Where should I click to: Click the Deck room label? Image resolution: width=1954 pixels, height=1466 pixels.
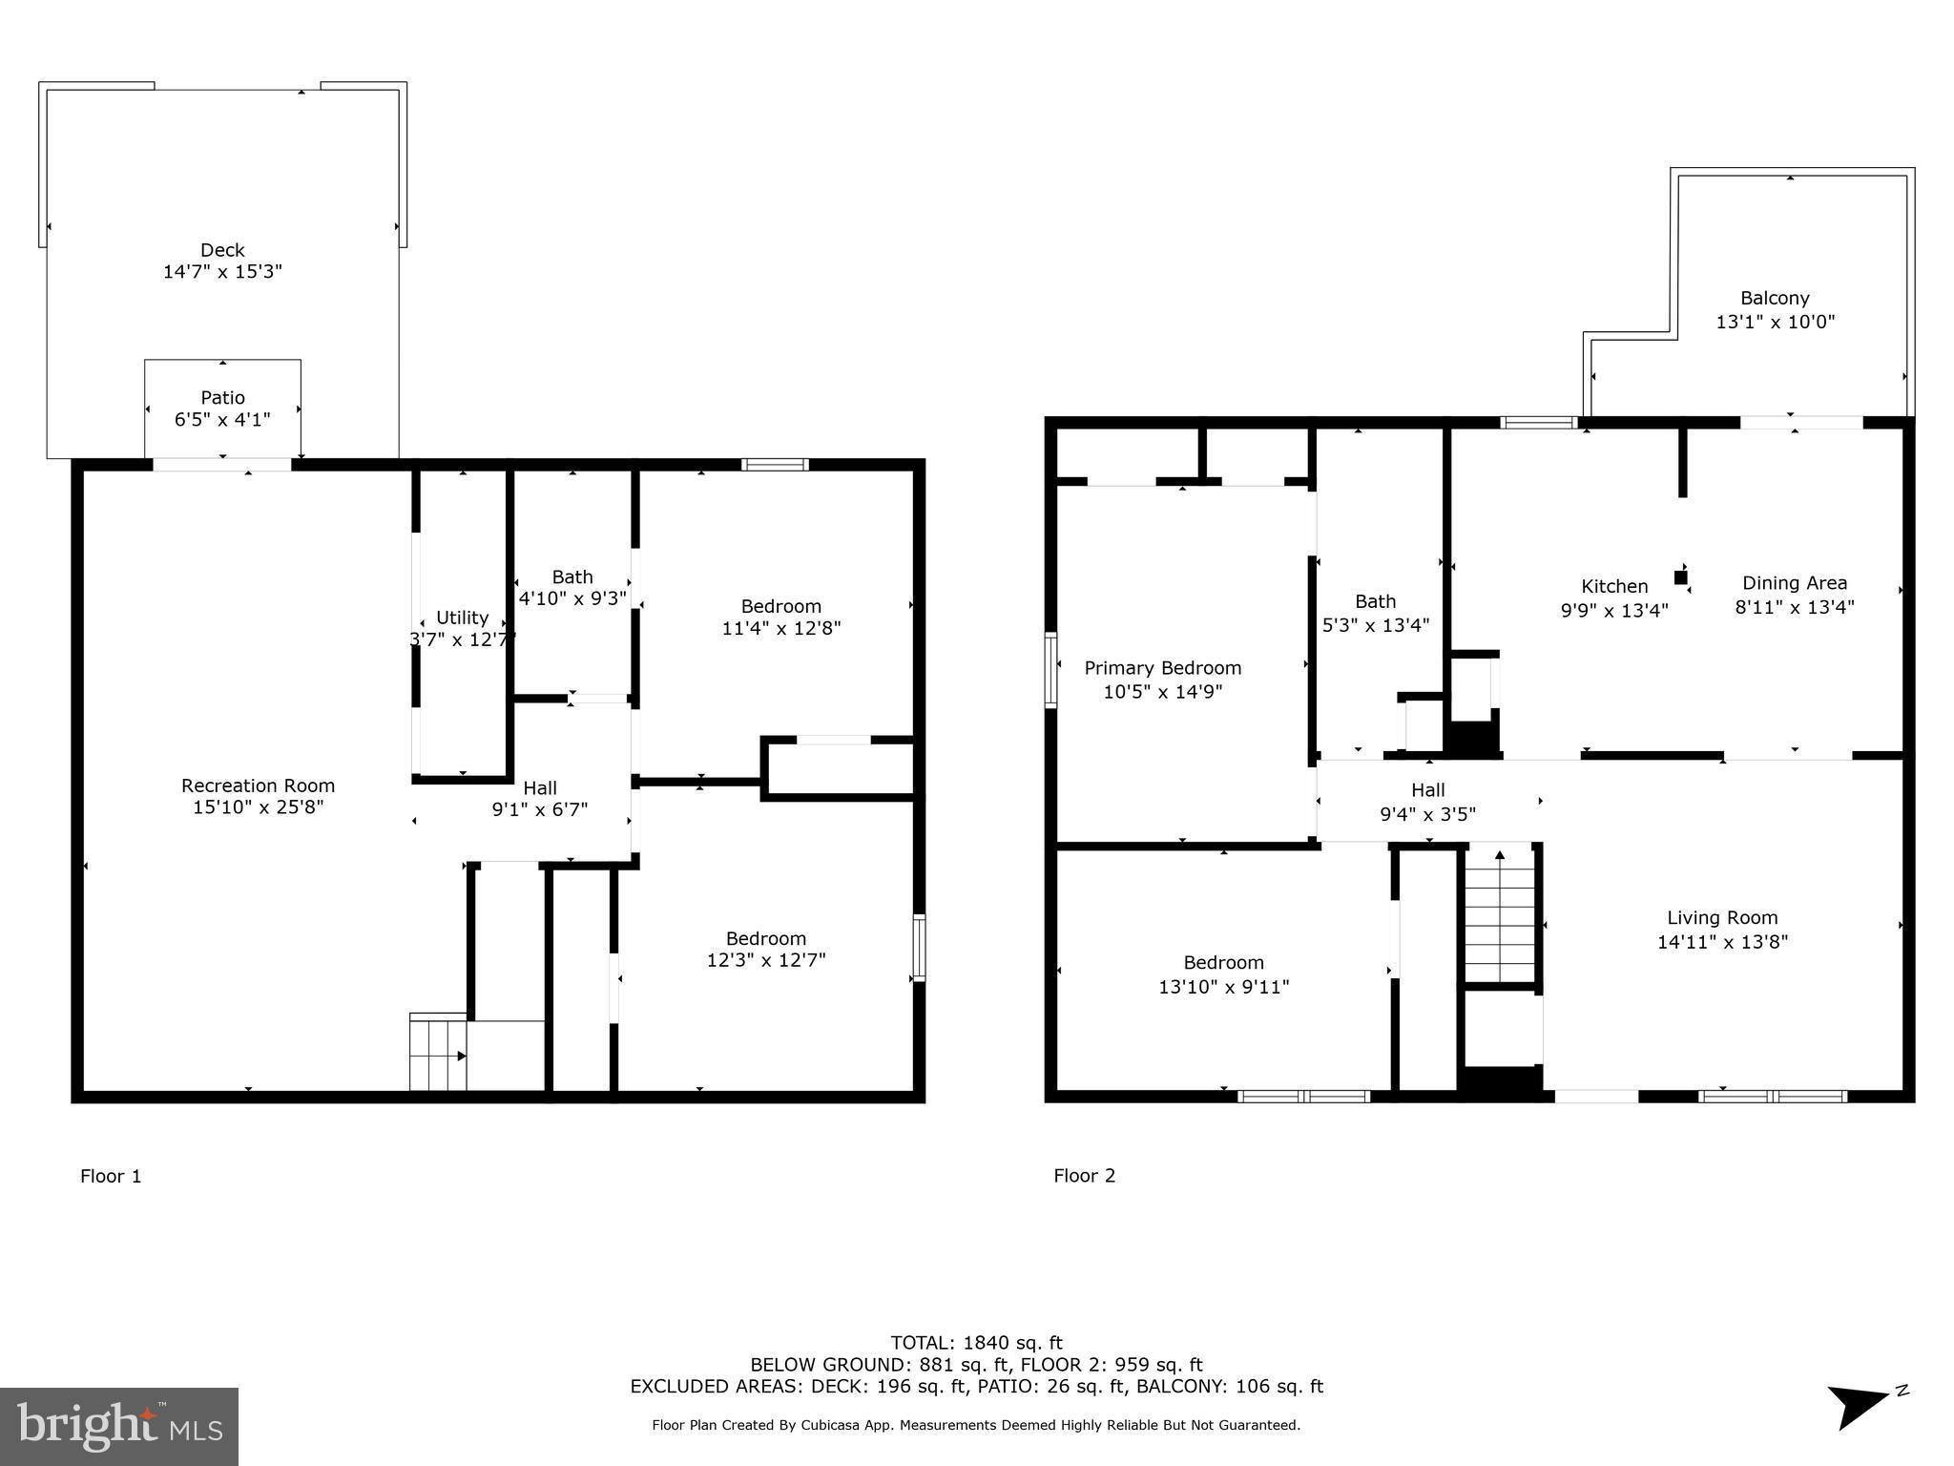tap(222, 250)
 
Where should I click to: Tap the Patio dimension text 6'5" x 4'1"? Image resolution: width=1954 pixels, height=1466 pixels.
tap(222, 419)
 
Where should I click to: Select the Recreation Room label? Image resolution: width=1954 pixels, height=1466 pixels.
tap(258, 785)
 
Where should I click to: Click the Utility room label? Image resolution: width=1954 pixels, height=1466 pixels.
tap(462, 618)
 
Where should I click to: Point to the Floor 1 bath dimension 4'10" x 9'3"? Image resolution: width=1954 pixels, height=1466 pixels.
tap(572, 598)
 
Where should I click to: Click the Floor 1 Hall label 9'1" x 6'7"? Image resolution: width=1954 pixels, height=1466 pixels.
tap(540, 799)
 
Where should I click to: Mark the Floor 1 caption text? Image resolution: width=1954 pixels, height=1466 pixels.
tap(111, 1176)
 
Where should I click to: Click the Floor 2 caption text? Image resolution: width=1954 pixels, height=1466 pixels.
tap(1084, 1175)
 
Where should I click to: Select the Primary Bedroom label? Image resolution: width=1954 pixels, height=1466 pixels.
tap(1162, 668)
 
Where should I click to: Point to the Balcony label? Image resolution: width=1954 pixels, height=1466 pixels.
tap(1774, 298)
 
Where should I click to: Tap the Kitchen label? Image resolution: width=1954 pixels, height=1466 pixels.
tap(1614, 586)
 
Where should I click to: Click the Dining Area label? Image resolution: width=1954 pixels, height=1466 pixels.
tap(1794, 582)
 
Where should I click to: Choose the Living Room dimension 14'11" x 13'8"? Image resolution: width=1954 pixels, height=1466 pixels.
tap(1722, 942)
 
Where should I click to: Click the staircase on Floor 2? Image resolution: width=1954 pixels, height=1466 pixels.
tap(1500, 916)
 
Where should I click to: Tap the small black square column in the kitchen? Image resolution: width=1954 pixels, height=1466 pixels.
tap(1680, 577)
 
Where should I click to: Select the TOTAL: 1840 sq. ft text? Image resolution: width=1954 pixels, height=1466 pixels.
tap(976, 1343)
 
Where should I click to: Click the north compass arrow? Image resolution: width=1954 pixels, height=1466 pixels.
tap(1860, 1405)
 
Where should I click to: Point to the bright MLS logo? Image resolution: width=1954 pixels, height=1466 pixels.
tap(119, 1426)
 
